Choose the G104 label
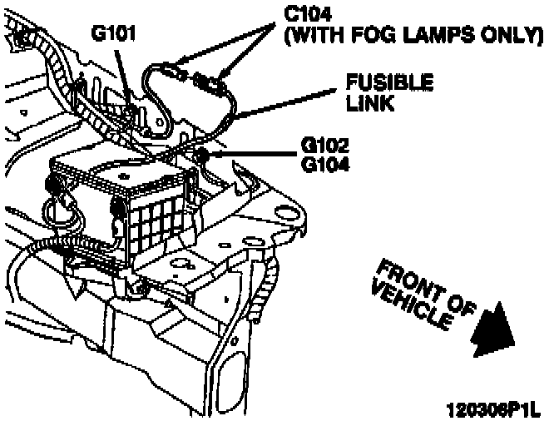[326, 164]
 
